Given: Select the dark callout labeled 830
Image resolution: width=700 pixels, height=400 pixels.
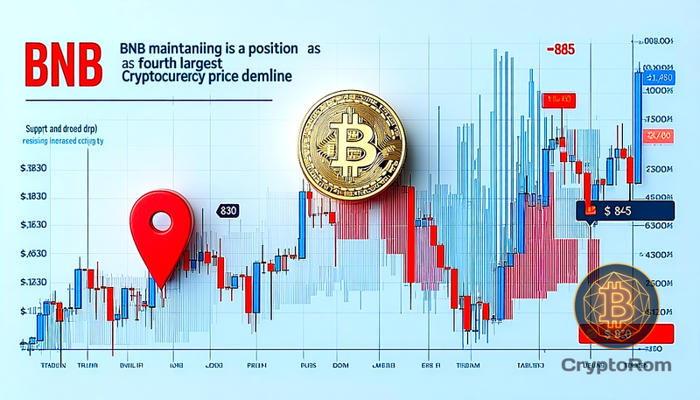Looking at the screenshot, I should point(228,211).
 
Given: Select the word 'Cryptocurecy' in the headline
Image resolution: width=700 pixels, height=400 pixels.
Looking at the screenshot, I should point(166,77).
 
